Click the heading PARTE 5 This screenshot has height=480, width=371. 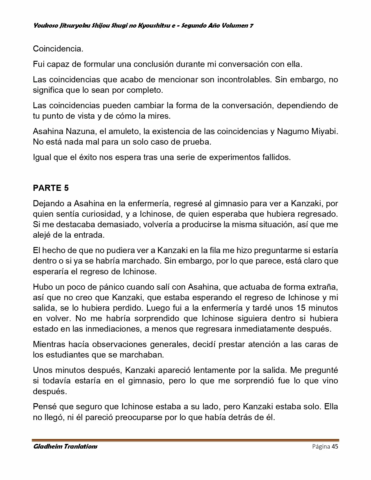coord(51,188)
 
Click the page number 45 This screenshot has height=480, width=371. coord(335,447)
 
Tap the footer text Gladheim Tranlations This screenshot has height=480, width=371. coord(65,447)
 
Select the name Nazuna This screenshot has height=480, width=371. coord(80,131)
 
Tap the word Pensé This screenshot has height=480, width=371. coord(45,406)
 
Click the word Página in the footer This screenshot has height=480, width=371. coord(321,447)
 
